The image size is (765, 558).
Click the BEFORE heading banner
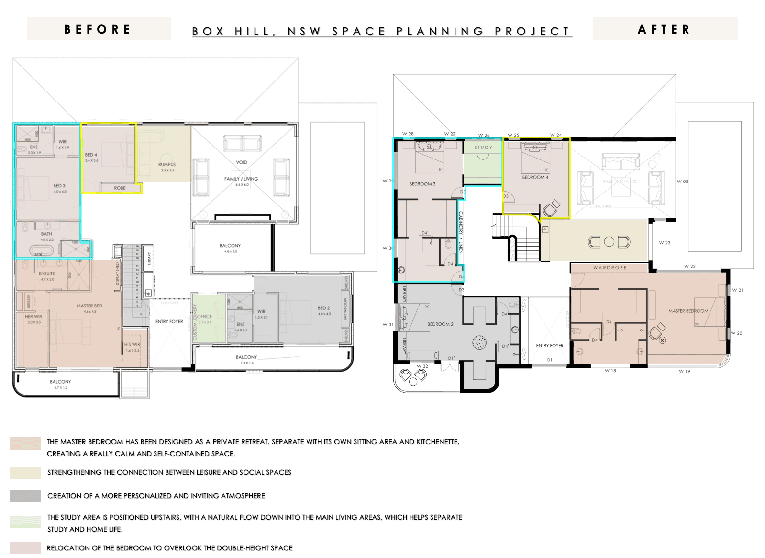tap(98, 29)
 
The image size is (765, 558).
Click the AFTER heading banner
tap(665, 29)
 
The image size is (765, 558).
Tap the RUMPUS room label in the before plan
tap(167, 164)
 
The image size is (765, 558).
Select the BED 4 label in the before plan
tap(91, 155)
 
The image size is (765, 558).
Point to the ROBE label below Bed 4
tap(120, 188)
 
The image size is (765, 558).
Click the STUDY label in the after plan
tap(483, 148)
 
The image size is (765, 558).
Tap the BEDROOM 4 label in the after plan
tap(535, 177)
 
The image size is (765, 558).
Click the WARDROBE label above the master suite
tap(610, 268)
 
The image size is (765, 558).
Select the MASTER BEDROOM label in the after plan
tap(688, 311)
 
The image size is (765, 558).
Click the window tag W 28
tap(408, 134)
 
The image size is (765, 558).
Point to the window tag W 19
tap(684, 371)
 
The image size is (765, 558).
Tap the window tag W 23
tap(665, 243)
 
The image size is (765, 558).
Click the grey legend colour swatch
tap(25, 496)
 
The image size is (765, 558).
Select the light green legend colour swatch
tap(25, 522)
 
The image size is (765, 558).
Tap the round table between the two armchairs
tap(609, 242)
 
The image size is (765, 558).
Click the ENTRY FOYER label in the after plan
tap(549, 345)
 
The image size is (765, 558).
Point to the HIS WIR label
tap(132, 344)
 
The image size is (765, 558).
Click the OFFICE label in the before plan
tap(205, 316)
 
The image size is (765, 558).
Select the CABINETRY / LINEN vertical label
tap(461, 232)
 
